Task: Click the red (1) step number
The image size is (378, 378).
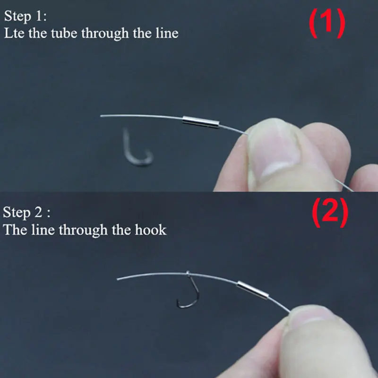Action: [x=327, y=23]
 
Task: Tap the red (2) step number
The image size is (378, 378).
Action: [x=330, y=213]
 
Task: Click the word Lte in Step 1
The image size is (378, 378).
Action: [x=14, y=33]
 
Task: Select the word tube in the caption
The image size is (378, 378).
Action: [x=64, y=33]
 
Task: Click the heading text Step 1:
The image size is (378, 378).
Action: [x=26, y=17]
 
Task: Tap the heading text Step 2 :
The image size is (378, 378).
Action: [x=26, y=213]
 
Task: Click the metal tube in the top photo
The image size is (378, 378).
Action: [x=201, y=122]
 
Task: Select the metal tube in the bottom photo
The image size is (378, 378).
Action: [x=252, y=290]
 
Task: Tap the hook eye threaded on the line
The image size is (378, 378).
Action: [x=188, y=274]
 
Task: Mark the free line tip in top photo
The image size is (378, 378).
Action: [x=101, y=116]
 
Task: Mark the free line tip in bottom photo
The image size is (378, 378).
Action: [x=118, y=279]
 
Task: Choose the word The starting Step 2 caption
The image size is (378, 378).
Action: [x=15, y=230]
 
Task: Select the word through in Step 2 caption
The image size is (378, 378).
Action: [x=83, y=230]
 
